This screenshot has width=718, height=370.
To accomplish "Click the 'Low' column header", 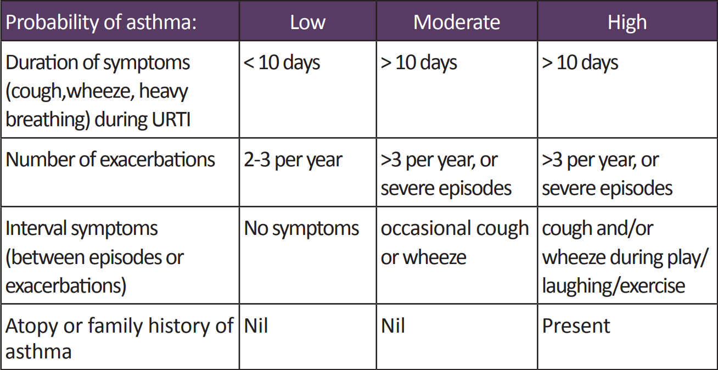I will [307, 23].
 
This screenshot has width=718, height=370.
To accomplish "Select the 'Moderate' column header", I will [456, 23].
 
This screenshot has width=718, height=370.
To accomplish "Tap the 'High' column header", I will [627, 23].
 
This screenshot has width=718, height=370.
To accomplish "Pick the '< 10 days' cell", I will [282, 63].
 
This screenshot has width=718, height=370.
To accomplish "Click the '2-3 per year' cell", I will [293, 160].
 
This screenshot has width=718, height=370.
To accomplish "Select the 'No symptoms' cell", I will [301, 228].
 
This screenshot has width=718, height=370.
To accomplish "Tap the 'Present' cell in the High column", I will [576, 326].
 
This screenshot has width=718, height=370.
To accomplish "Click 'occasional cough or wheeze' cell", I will [455, 243].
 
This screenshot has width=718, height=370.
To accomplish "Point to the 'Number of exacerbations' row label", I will [110, 160].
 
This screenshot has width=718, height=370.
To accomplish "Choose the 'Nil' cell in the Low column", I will [256, 326].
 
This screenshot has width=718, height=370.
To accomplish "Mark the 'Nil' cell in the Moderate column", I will [392, 326].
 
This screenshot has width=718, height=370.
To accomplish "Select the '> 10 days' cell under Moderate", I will [419, 63].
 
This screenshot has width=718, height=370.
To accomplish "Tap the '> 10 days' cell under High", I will [580, 63].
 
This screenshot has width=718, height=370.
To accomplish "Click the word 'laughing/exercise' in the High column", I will [613, 285].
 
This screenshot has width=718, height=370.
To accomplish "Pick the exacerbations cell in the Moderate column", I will [446, 174].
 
